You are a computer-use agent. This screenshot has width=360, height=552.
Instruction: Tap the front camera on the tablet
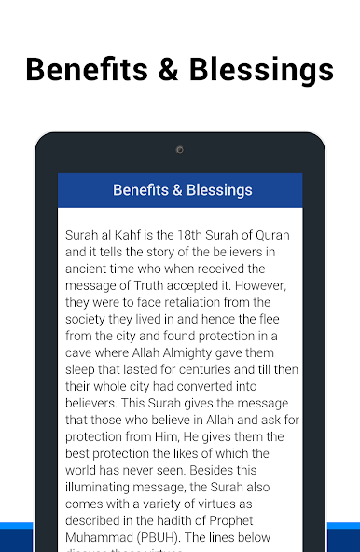click(180, 149)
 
